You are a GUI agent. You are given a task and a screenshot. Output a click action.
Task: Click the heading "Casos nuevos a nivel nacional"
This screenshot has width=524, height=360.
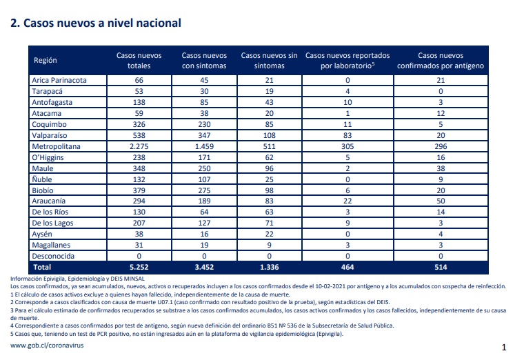[102, 23]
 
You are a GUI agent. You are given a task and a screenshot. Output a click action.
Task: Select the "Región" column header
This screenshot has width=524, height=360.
[45, 61]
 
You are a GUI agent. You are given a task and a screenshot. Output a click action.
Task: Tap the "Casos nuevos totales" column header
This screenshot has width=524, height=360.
[139, 61]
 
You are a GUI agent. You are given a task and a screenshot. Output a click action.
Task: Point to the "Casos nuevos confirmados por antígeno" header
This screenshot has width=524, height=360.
[441, 61]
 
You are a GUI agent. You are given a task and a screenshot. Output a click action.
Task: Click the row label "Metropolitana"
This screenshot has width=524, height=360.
[56, 146]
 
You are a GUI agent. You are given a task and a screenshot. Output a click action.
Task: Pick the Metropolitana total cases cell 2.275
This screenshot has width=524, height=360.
[139, 146]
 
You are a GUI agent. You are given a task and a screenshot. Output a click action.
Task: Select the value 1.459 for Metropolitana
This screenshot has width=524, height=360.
[204, 146]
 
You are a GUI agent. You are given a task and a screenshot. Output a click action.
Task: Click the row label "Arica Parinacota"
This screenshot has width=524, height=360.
[59, 80]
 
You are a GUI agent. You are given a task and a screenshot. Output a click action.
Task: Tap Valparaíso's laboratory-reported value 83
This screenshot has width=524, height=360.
[347, 135]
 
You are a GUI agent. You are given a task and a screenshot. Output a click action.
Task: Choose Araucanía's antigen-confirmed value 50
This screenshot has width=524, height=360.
[441, 201]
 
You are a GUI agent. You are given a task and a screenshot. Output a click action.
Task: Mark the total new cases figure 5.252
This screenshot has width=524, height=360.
[139, 267]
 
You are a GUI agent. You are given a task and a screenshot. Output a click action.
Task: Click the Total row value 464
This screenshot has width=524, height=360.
[347, 267]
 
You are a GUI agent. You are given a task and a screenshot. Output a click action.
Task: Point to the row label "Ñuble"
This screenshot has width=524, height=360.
[42, 179]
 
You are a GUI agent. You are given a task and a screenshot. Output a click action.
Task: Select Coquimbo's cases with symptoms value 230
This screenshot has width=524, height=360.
[204, 124]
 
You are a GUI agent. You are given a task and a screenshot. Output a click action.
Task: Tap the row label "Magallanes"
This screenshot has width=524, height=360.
[51, 245]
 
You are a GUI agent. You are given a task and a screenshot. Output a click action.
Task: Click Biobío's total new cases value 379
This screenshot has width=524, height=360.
[139, 190]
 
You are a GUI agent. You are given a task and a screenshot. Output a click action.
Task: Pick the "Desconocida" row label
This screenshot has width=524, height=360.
[53, 256]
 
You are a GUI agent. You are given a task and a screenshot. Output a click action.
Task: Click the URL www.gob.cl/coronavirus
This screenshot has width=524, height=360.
[47, 346]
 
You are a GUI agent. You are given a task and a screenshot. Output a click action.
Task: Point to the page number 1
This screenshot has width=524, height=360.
[504, 348]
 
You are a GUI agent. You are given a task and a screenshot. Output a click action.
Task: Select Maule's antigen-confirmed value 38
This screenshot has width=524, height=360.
[441, 168]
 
